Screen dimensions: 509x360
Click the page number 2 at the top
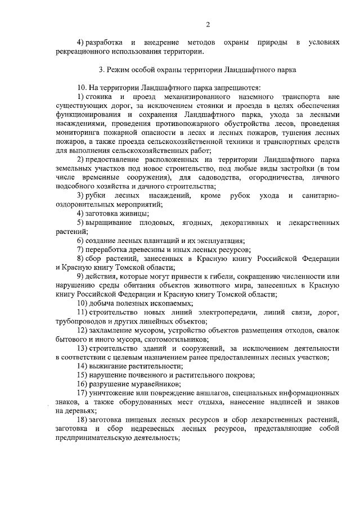point(208,24)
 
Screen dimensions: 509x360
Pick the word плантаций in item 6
point(157,240)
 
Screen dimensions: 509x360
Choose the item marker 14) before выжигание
point(83,366)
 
